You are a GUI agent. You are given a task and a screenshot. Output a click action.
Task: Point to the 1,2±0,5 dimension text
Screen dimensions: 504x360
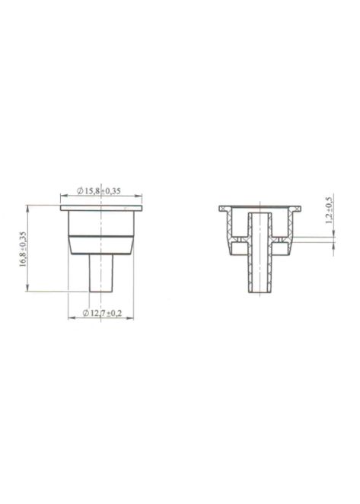[329, 211]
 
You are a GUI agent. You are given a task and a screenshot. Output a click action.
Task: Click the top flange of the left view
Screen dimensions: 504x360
[102, 207]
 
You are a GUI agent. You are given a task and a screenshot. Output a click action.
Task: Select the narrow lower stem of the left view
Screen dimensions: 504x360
[102, 273]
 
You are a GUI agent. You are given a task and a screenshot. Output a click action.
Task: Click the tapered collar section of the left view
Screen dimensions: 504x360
[102, 245]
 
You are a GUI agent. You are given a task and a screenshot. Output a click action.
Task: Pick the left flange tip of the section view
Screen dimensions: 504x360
[222, 208]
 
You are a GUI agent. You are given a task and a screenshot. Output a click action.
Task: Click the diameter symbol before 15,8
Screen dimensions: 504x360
[80, 190]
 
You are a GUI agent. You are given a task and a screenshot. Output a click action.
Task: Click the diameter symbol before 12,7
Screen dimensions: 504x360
[85, 313]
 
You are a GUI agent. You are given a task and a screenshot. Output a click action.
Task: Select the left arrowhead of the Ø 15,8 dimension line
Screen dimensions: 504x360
[63, 196]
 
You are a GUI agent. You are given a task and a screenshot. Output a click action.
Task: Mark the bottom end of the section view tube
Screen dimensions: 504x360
[260, 294]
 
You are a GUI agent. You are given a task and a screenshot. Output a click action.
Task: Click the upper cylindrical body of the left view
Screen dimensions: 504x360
[102, 223]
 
